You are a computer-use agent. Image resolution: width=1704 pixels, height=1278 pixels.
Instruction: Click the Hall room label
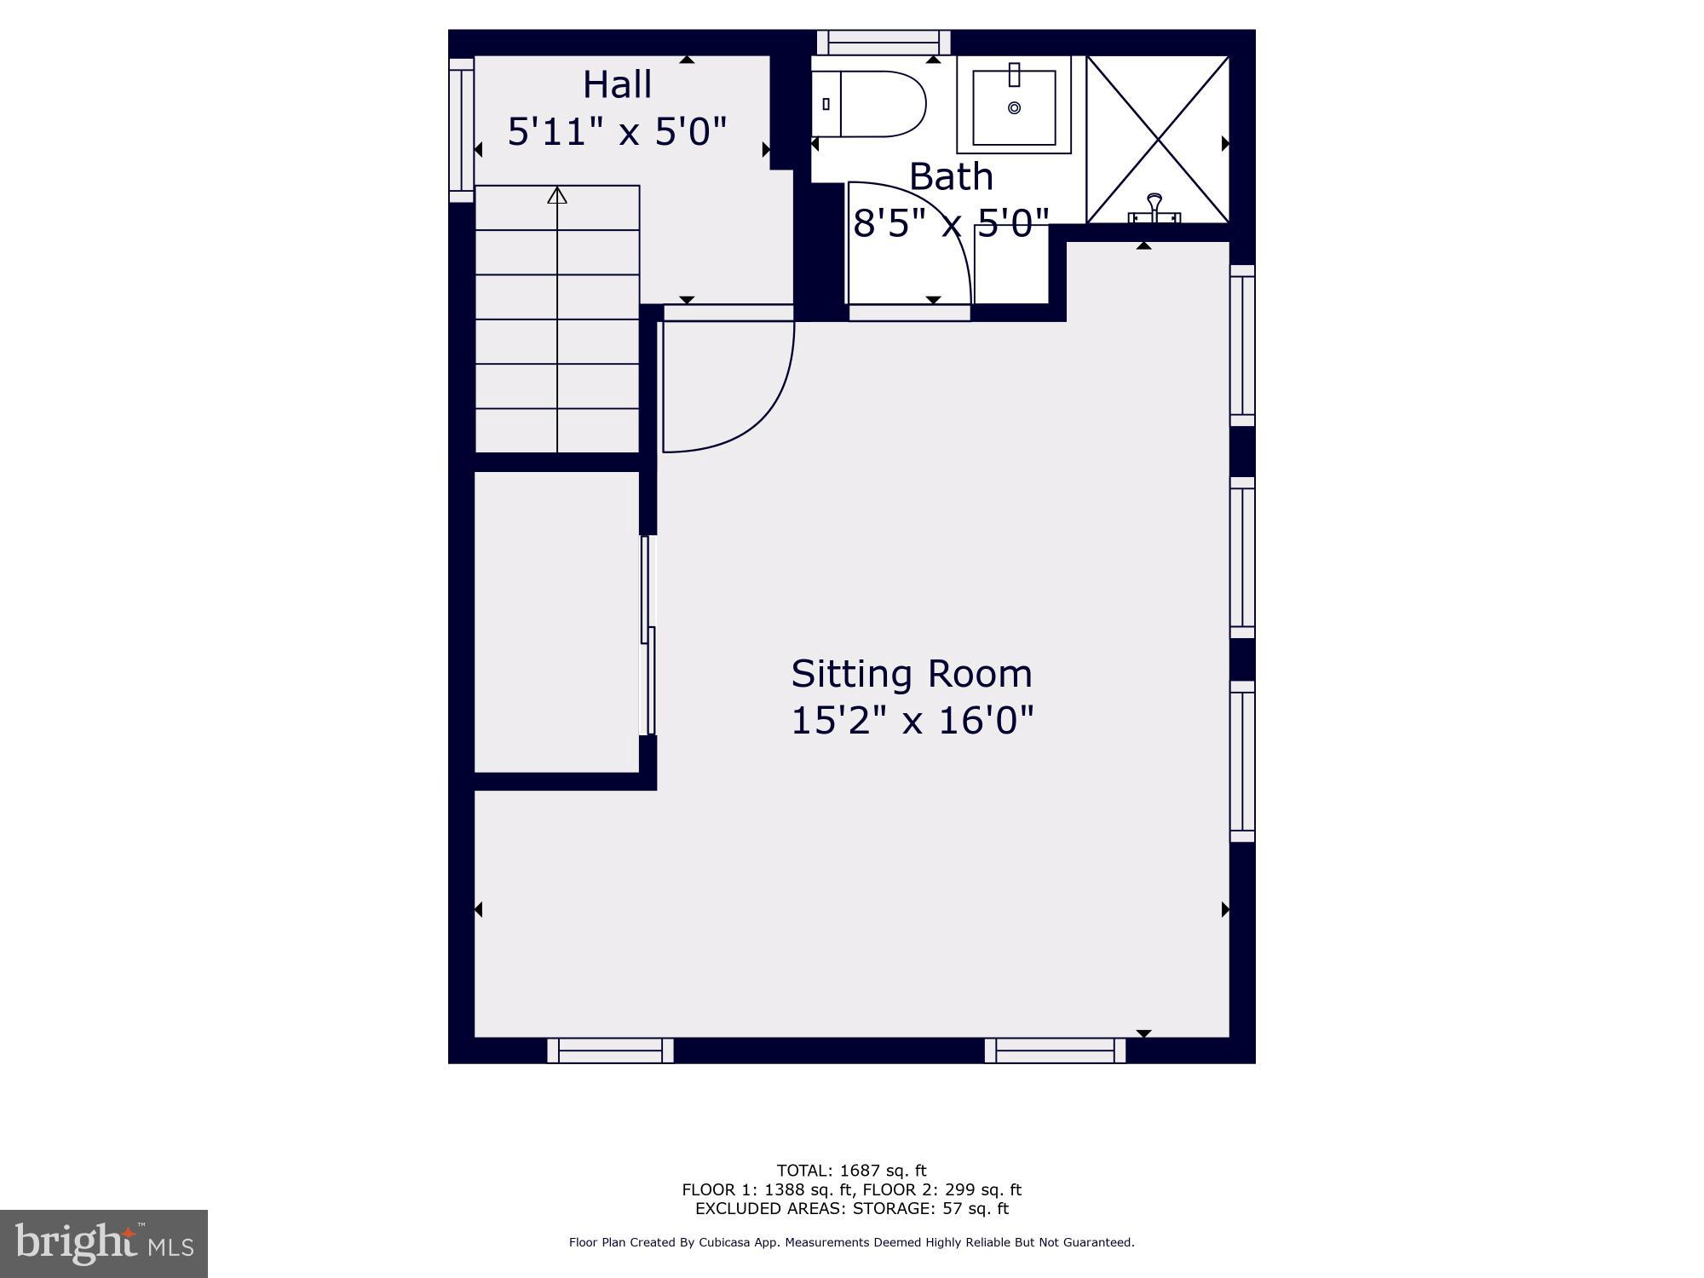tap(617, 85)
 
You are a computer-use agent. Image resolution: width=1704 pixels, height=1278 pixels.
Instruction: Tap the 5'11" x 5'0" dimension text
tap(617, 132)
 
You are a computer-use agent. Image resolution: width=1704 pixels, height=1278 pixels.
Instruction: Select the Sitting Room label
tap(911, 674)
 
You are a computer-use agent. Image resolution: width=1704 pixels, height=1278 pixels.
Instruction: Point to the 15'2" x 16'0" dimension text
tap(911, 721)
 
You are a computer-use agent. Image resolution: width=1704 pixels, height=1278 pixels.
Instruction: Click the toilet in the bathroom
tap(873, 104)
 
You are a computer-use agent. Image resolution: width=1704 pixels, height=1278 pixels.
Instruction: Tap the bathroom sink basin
tap(1014, 107)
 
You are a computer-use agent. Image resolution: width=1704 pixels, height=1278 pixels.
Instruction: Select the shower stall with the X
tap(1157, 140)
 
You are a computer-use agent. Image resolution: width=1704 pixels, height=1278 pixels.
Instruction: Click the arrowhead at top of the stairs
tap(557, 196)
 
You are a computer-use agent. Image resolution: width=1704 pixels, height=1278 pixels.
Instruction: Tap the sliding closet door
tap(648, 635)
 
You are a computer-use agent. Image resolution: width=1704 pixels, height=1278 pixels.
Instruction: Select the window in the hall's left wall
tap(461, 130)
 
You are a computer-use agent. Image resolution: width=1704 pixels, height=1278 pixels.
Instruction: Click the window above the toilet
tap(884, 43)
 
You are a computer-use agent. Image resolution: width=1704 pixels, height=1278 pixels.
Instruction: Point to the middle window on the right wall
tap(1242, 557)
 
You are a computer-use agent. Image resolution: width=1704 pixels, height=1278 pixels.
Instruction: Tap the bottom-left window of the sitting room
tap(610, 1051)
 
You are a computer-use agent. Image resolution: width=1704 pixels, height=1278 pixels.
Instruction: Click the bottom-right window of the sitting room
tap(1055, 1051)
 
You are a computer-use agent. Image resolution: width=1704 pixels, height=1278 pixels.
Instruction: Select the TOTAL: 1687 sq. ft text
tap(851, 1171)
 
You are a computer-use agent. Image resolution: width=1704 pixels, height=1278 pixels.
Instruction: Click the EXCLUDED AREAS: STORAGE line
tap(851, 1208)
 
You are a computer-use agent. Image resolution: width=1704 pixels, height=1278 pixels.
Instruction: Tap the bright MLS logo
tap(104, 1243)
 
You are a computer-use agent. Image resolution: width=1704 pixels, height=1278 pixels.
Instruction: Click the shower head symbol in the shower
tap(1154, 204)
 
